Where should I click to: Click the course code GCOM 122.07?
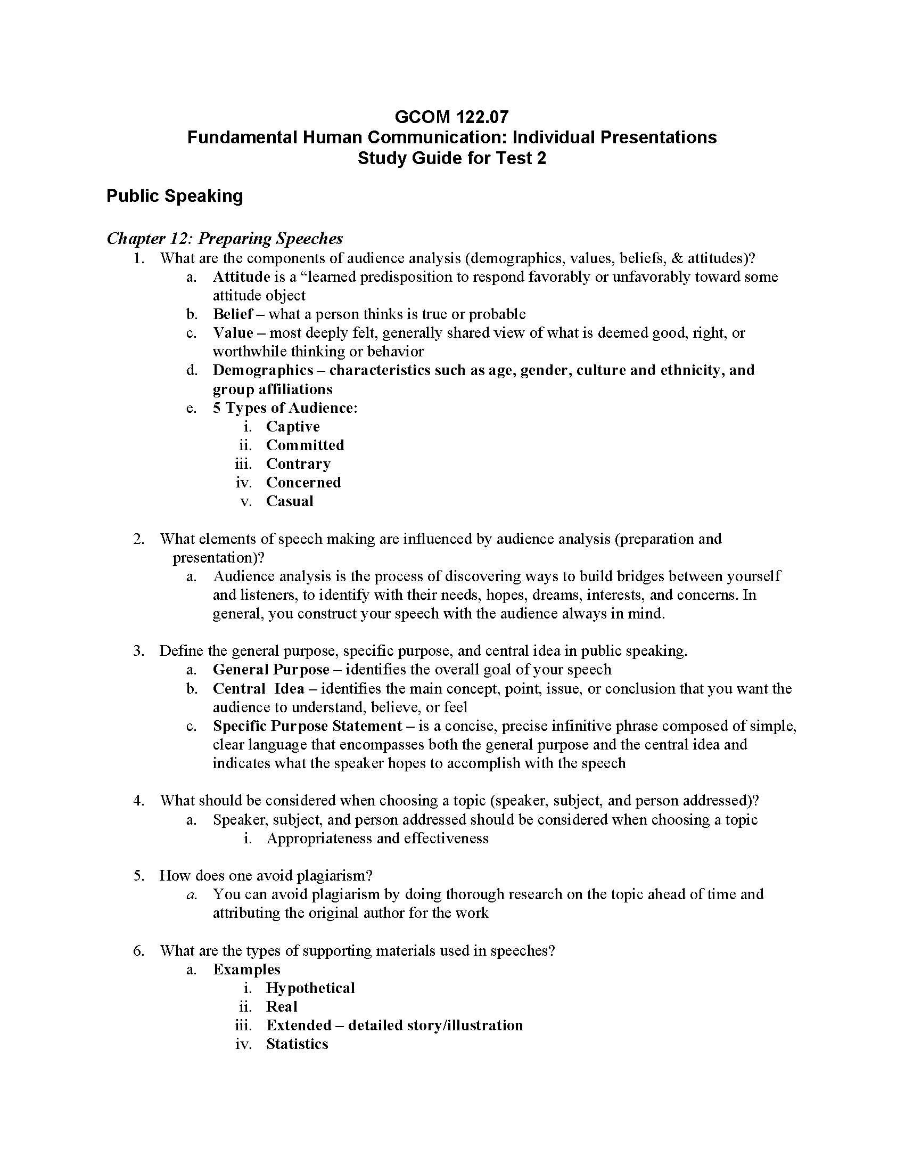point(451,117)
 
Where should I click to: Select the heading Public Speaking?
point(174,196)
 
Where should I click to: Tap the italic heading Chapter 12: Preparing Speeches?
point(225,238)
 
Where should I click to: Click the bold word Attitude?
point(241,277)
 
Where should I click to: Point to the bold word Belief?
point(233,314)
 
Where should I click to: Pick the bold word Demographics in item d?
point(262,370)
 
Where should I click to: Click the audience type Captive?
point(293,427)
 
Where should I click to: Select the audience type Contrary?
point(298,463)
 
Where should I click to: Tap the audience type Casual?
point(290,501)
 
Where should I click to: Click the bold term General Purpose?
point(271,670)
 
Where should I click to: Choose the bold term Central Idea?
point(258,688)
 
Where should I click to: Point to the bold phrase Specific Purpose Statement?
point(307,726)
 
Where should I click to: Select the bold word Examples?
point(246,969)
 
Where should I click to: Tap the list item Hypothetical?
point(310,988)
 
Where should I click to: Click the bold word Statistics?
point(297,1044)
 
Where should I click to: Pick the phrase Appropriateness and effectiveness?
point(377,838)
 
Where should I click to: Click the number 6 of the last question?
point(138,951)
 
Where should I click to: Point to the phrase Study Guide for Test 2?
point(451,158)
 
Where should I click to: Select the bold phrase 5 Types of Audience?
point(284,408)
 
